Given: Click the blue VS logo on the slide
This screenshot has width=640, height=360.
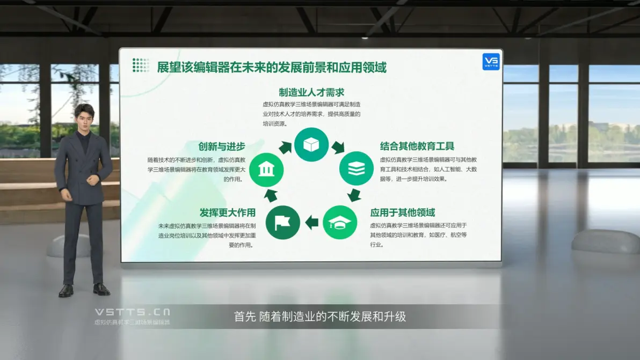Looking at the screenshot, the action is tap(491, 62).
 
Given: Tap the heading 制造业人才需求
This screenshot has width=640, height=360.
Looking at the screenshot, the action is tap(311, 92).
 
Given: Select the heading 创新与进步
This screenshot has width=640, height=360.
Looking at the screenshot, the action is tap(222, 146).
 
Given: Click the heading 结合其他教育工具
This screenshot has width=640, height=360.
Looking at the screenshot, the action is tap(417, 146).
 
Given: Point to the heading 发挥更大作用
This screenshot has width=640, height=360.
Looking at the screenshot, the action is tap(227, 212).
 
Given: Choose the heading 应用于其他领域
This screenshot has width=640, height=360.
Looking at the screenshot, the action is tap(403, 212).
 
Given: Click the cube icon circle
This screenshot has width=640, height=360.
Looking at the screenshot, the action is tap(311, 144).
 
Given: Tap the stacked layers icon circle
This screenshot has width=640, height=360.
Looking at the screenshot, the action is tap(357, 168).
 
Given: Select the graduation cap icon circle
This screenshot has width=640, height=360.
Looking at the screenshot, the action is tap(340, 222).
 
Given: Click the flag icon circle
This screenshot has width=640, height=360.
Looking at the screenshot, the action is tap(283, 222).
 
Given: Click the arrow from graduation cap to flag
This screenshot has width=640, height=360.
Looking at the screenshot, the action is tap(312, 222).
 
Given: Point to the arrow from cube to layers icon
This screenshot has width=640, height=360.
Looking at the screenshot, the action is tap(338, 147).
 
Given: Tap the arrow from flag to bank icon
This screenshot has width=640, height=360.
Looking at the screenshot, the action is tap(271, 195).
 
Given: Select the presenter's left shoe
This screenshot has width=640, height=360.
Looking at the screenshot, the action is tap(101, 289).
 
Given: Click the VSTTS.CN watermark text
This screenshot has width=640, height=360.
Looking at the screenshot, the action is tap(132, 312).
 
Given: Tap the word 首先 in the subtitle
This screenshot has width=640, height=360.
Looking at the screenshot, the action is tap(245, 317).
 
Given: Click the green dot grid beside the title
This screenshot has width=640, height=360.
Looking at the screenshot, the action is tap(141, 65).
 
